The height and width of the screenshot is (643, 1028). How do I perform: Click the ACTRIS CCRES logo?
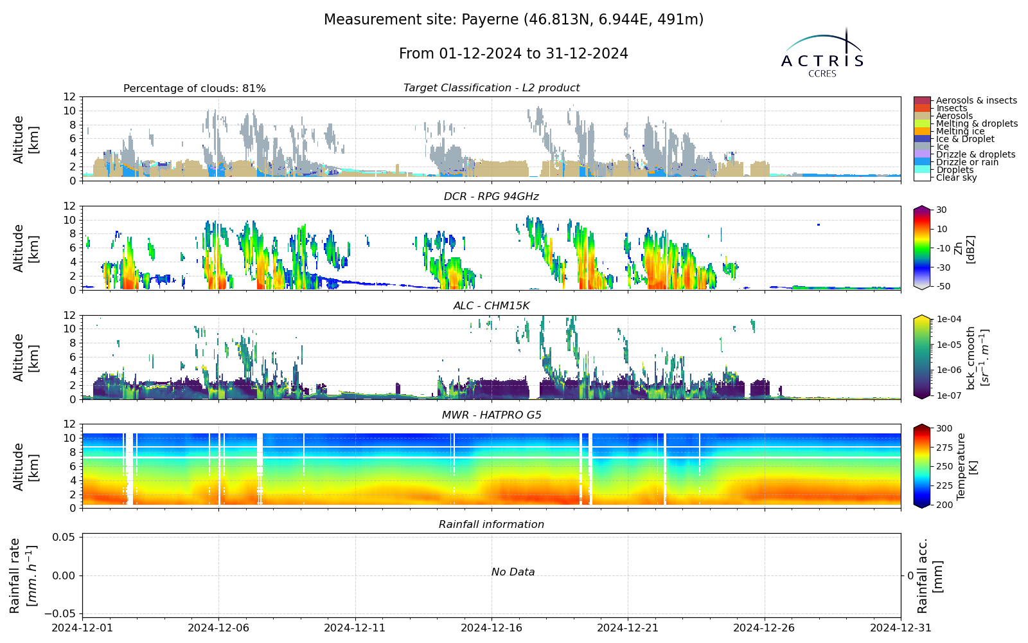pyautogui.click(x=822, y=53)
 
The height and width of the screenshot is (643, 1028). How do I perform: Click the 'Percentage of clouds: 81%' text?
pyautogui.click(x=195, y=88)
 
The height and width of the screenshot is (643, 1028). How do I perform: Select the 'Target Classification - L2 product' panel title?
pyautogui.click(x=491, y=87)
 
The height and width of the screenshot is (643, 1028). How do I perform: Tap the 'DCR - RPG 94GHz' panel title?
pyautogui.click(x=491, y=197)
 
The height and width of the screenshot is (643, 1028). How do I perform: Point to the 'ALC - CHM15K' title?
pyautogui.click(x=491, y=306)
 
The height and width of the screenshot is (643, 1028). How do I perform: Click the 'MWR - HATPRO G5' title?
pyautogui.click(x=491, y=415)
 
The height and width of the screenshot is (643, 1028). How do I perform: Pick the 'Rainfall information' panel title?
pyautogui.click(x=491, y=525)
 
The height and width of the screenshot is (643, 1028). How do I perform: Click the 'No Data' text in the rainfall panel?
pyautogui.click(x=513, y=572)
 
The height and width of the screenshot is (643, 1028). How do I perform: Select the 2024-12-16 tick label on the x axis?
pyautogui.click(x=492, y=628)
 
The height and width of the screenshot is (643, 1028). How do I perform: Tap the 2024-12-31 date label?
pyautogui.click(x=900, y=628)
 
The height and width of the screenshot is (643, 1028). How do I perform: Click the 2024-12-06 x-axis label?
pyautogui.click(x=218, y=628)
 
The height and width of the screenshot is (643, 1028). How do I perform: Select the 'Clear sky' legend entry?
pyautogui.click(x=957, y=177)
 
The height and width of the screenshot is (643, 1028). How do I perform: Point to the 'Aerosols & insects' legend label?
pyautogui.click(x=977, y=100)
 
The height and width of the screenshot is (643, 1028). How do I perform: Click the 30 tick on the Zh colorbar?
pyautogui.click(x=941, y=210)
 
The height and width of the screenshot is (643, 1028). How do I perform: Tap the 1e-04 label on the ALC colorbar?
pyautogui.click(x=948, y=319)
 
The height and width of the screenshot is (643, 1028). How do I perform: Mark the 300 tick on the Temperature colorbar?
pyautogui.click(x=944, y=428)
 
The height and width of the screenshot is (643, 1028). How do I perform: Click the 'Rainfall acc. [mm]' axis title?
pyautogui.click(x=929, y=575)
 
